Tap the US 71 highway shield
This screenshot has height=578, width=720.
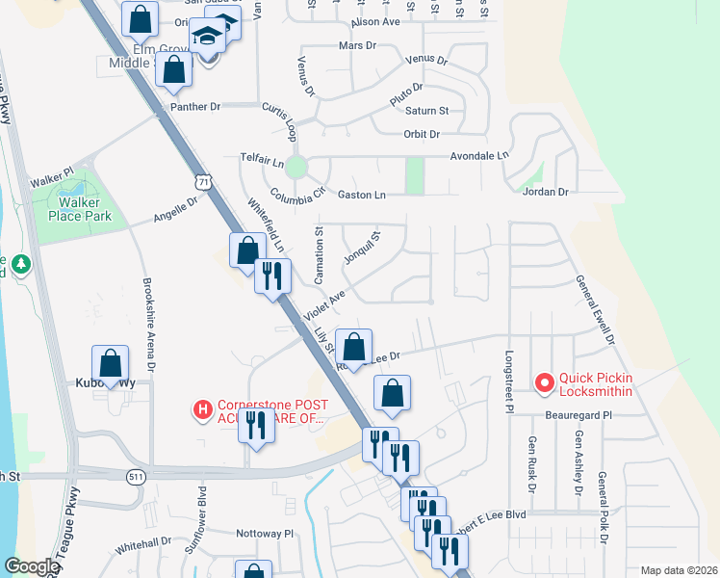coord(200,180)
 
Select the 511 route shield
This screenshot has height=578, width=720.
coord(136,476)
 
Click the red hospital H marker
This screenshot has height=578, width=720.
coord(202,410)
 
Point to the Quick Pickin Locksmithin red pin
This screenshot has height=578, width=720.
coord(544,383)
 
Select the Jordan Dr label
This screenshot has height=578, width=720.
coord(545,192)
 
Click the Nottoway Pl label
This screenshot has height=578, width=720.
coord(265,533)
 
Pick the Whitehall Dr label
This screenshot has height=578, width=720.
coord(142,544)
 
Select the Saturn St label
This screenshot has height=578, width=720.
coord(427,112)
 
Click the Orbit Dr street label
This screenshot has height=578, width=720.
coord(422,134)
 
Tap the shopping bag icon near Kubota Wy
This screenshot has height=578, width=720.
coord(111,364)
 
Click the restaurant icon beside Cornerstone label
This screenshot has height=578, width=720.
coord(256,425)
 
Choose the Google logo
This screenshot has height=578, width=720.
coord(31,566)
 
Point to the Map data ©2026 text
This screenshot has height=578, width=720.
coord(678,570)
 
